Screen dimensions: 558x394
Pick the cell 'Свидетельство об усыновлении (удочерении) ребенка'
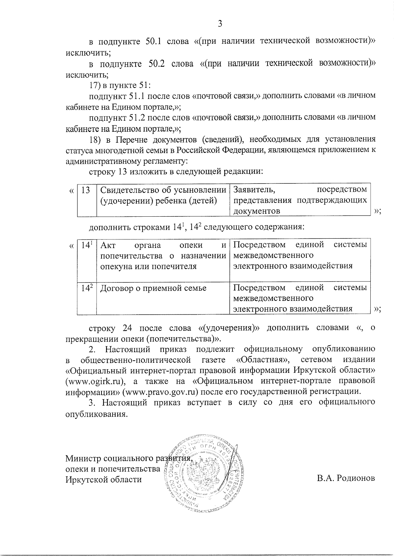coord(163,195)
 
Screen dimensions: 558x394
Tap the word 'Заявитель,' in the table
coord(254,190)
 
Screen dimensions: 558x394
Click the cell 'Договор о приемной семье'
coord(153,288)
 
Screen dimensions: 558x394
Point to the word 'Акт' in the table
coord(107,245)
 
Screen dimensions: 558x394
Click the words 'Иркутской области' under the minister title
coord(103,479)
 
